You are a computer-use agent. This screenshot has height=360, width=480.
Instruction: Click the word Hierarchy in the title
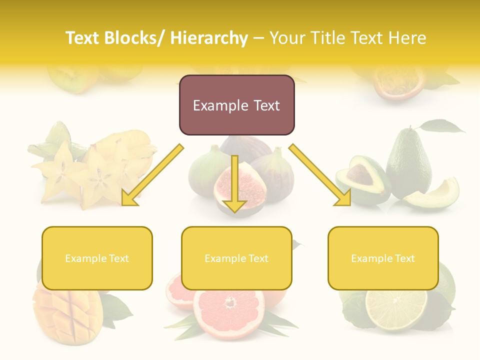[x=209, y=38]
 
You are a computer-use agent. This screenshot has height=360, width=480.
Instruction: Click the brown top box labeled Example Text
[x=236, y=105]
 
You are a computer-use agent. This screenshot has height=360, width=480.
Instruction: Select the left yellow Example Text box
[x=97, y=258]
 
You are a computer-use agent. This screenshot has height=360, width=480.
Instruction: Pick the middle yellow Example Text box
[x=236, y=258]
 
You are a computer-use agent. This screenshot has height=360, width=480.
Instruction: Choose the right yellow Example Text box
[x=383, y=258]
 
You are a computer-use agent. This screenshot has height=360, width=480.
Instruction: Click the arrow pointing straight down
[x=234, y=185]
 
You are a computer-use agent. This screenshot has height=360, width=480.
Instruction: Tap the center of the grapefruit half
[x=230, y=302]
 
